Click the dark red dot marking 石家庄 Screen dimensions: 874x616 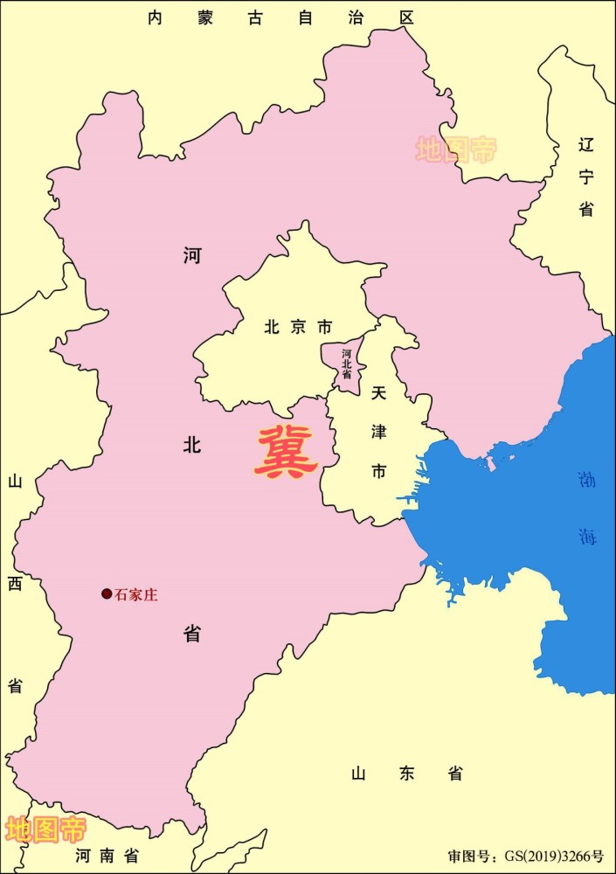point(107,594)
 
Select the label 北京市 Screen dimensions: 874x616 point(298,328)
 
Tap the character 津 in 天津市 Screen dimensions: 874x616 point(378,432)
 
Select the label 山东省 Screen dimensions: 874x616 point(406,773)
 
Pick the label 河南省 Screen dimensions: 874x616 point(107,855)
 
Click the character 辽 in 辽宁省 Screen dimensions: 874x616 point(585,145)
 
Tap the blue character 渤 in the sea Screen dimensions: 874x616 point(586,480)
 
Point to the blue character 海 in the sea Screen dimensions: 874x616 point(587,537)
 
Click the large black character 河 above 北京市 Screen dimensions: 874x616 point(192,255)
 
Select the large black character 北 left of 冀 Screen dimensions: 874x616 point(192,445)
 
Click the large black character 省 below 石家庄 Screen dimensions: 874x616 point(192,634)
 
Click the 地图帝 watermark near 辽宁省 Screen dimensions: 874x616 point(455,149)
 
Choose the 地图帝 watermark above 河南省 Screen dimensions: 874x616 point(45,829)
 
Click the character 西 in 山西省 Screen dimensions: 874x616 point(15,584)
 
